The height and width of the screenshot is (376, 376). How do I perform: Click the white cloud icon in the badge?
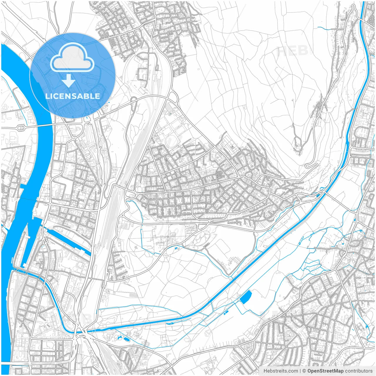[x=72, y=58]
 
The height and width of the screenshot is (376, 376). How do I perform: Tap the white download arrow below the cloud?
[x=69, y=80]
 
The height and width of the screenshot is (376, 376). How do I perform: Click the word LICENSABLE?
[x=73, y=96]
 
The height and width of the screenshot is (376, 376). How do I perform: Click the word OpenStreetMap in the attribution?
[x=325, y=371]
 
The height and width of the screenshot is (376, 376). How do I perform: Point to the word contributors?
[x=359, y=371]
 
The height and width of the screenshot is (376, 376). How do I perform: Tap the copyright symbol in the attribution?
[x=304, y=371]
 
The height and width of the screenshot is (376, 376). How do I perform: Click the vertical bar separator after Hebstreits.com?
[x=300, y=371]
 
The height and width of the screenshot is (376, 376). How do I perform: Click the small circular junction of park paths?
[x=166, y=256]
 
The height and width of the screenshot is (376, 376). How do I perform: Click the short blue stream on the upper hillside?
[x=325, y=28]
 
